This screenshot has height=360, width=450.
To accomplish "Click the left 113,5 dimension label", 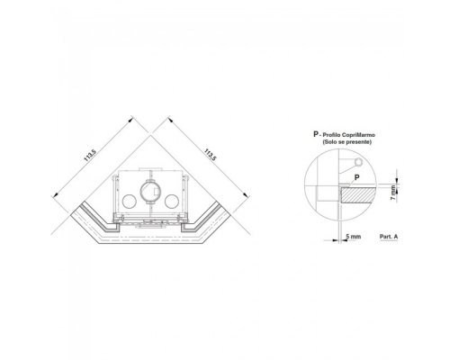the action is click(90, 156).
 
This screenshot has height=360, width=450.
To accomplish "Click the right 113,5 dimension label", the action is click(210, 155).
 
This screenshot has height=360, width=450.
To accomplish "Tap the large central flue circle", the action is click(150, 192).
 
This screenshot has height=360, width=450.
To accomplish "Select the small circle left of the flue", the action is click(130, 202).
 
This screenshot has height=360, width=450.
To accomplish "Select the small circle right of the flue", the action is click(172, 202).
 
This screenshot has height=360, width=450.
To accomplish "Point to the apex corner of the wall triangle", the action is click(151, 135).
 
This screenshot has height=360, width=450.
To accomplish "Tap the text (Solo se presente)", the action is click(346, 142).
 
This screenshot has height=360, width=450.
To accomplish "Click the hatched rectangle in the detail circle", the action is click(358, 195).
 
